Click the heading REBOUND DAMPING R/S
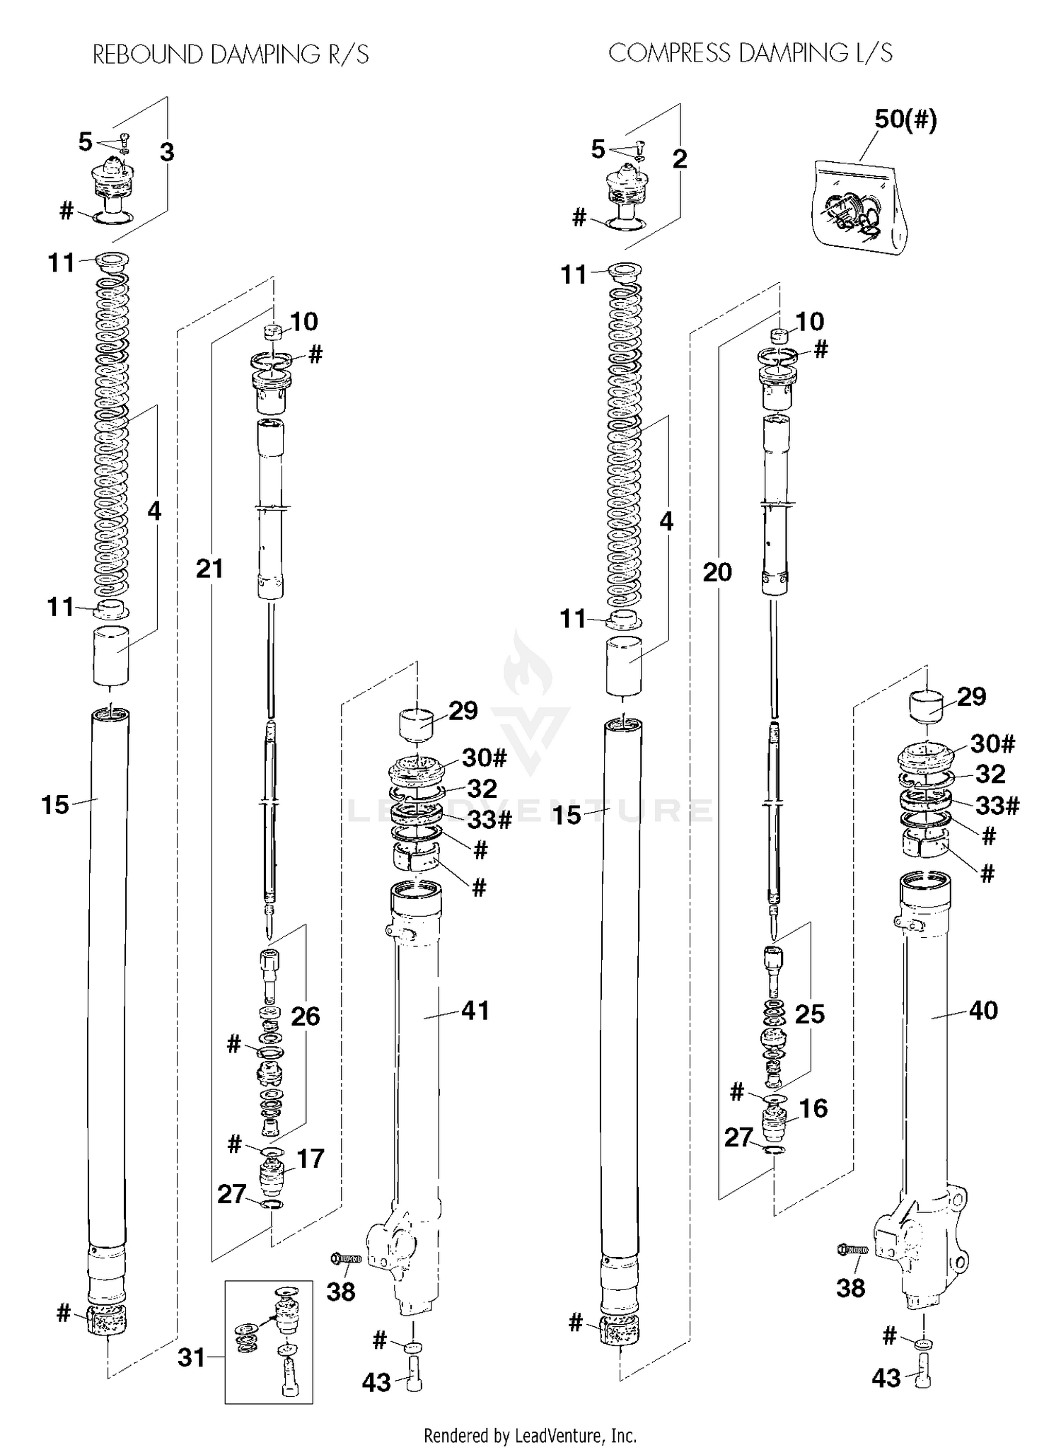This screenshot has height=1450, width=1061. click(x=231, y=54)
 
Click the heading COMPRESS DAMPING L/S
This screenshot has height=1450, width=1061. click(x=750, y=53)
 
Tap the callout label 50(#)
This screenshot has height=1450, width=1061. click(x=905, y=120)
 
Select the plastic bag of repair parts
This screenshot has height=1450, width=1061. click(x=859, y=207)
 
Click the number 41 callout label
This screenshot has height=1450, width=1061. click(x=475, y=1010)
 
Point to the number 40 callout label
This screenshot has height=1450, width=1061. click(x=982, y=1010)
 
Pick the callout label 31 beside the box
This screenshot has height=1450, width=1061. click(x=191, y=1357)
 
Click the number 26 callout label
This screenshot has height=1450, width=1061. click(x=305, y=1016)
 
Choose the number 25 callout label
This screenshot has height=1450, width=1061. click(x=809, y=1014)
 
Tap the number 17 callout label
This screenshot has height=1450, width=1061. click(x=310, y=1159)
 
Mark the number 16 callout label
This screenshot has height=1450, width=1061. click(x=813, y=1108)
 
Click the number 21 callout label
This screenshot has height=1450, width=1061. click(x=209, y=568)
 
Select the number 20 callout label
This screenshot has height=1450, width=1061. click(x=717, y=572)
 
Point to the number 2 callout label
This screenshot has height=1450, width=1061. click(x=679, y=158)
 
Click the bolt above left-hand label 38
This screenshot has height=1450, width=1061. click(x=347, y=1258)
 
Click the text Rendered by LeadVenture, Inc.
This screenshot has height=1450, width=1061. click(x=530, y=1435)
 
